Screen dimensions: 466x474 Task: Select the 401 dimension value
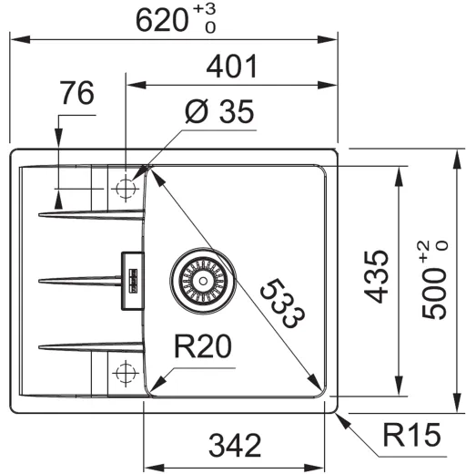coord(232,67)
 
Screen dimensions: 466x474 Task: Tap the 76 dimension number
coord(77,93)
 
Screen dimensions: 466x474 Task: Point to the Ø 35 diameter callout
coord(219,111)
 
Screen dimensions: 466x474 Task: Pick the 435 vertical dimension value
coord(376,276)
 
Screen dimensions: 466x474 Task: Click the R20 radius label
coord(203,346)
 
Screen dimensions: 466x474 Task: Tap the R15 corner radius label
coord(411,435)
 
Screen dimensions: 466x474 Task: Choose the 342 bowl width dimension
coord(235,446)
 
